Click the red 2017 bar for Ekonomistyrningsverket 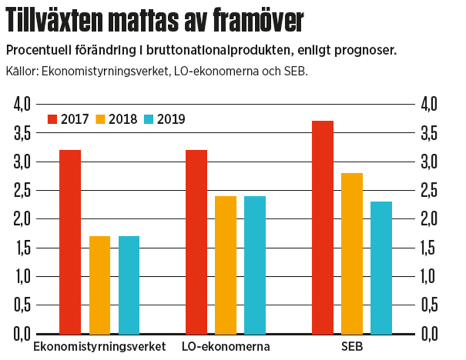[70, 242]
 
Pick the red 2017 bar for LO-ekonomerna [197, 242]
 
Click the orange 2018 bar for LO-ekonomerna [226, 265]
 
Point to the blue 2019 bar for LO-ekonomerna [255, 265]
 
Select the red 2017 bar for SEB [323, 227]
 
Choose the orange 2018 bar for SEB [352, 253]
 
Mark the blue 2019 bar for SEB [381, 267]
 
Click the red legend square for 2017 [53, 119]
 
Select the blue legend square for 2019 [149, 119]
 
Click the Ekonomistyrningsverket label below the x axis [100, 346]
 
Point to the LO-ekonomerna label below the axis [226, 346]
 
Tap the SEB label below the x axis [352, 346]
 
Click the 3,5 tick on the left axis [21, 133]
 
